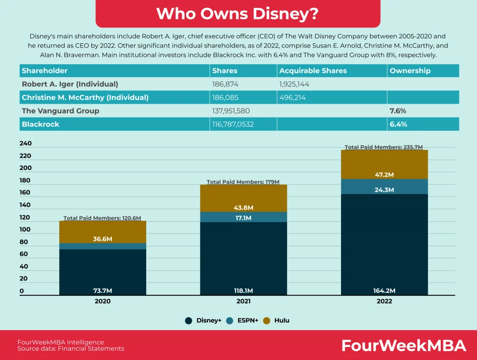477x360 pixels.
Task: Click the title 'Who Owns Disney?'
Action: [x=238, y=14]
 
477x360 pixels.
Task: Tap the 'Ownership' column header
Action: [x=410, y=71]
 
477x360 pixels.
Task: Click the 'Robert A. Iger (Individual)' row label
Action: [x=70, y=84]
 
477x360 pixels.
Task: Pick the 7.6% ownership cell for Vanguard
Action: [x=399, y=111]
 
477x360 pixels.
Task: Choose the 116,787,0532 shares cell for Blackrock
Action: [x=234, y=124]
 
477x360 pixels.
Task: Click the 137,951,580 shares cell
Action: [x=235, y=111]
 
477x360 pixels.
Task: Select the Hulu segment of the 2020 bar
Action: [x=103, y=231]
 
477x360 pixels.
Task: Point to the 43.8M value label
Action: [x=244, y=208]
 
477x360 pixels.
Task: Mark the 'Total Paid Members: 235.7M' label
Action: [x=383, y=147]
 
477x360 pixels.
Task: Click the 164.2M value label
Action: [x=384, y=291]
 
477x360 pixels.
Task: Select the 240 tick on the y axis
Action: [x=25, y=143]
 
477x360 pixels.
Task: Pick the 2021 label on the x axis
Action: [x=244, y=301]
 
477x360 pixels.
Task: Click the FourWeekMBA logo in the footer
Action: [x=403, y=346]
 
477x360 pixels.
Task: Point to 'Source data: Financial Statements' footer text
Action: [x=71, y=348]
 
